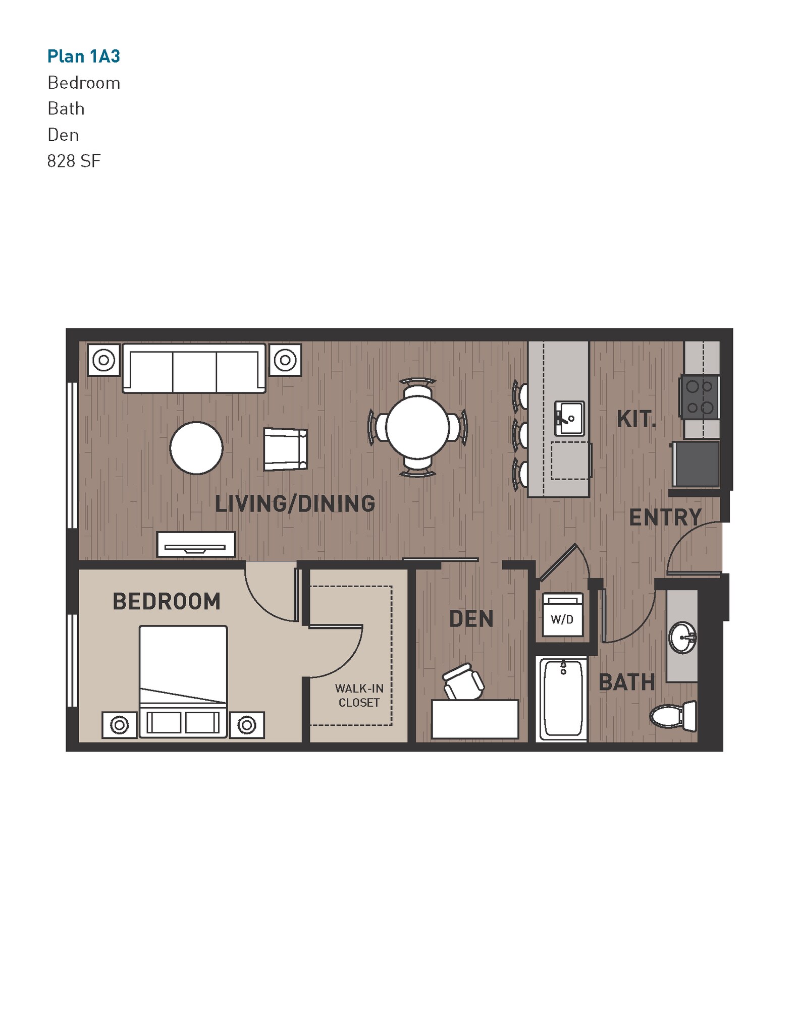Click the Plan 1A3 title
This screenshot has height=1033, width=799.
84,56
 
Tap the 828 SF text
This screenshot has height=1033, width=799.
74,161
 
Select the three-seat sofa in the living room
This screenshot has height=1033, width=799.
194,368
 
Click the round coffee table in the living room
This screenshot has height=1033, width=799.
196,448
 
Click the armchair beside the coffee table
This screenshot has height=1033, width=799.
285,449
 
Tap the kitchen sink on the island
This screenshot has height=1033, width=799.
569,418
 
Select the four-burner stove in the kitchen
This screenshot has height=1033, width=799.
700,397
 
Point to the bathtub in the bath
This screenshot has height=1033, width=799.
563,699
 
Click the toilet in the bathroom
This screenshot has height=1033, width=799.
673,715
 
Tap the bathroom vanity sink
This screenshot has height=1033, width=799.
682,638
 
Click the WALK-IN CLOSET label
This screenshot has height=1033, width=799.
359,695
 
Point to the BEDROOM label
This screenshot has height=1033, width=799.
167,601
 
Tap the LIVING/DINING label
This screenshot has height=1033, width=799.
295,504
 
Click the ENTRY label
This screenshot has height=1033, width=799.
665,518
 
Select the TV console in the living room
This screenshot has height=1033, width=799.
196,545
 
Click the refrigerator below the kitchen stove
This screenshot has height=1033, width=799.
696,464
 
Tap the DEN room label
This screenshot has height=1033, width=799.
471,619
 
